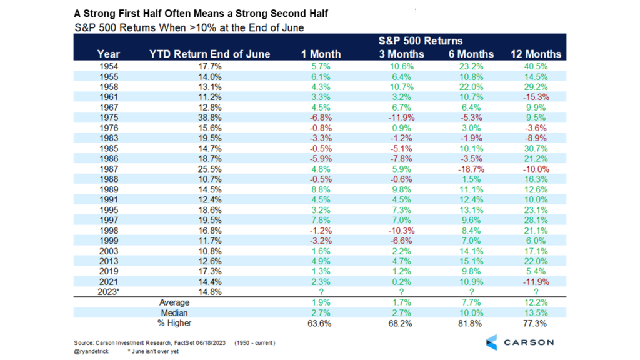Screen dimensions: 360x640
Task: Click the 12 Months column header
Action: tap(536, 54)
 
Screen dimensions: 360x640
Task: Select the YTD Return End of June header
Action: tap(210, 54)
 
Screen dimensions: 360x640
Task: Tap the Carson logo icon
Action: tap(492, 342)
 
